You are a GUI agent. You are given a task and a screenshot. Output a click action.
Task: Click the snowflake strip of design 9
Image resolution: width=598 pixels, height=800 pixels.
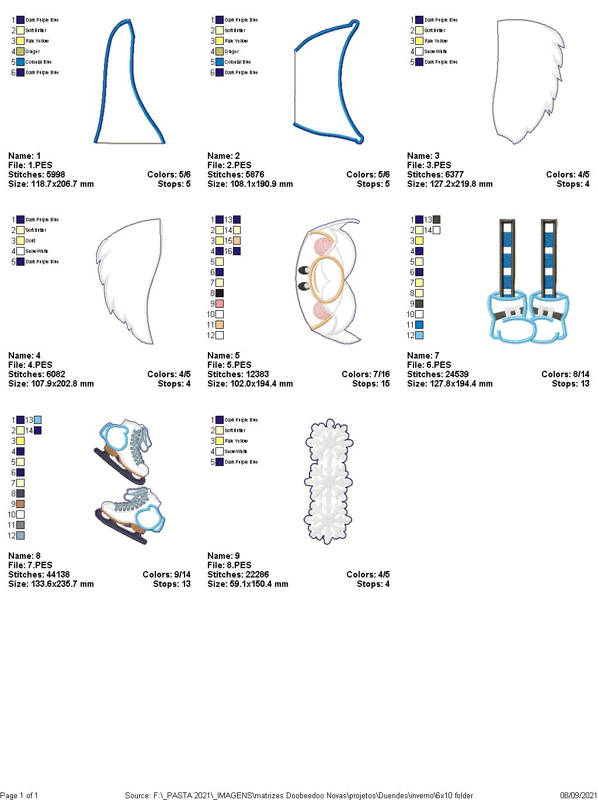(328, 481)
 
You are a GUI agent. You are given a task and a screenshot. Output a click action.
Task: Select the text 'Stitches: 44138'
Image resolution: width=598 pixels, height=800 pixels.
(39, 575)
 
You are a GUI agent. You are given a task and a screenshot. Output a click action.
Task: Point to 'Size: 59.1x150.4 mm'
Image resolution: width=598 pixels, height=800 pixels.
(248, 584)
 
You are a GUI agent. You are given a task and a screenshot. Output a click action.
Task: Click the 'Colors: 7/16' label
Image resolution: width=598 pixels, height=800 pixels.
(366, 374)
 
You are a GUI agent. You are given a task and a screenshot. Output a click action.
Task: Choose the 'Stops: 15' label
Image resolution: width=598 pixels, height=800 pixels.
(371, 384)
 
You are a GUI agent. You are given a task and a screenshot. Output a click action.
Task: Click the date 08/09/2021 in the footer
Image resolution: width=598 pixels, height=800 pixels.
(578, 795)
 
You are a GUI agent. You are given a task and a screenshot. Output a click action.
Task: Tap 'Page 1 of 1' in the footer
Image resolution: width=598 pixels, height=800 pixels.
(19, 795)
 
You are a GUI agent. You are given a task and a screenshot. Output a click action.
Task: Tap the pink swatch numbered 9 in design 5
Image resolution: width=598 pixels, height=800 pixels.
(220, 304)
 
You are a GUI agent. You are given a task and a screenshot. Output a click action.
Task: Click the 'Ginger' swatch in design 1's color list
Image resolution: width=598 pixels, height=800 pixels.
(20, 51)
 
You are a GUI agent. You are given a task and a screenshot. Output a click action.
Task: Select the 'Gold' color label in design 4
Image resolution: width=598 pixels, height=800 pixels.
(30, 241)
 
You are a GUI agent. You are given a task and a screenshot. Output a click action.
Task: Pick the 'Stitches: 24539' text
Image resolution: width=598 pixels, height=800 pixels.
(438, 374)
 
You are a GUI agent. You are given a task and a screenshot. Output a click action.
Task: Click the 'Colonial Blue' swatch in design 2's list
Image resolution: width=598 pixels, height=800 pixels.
(220, 62)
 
